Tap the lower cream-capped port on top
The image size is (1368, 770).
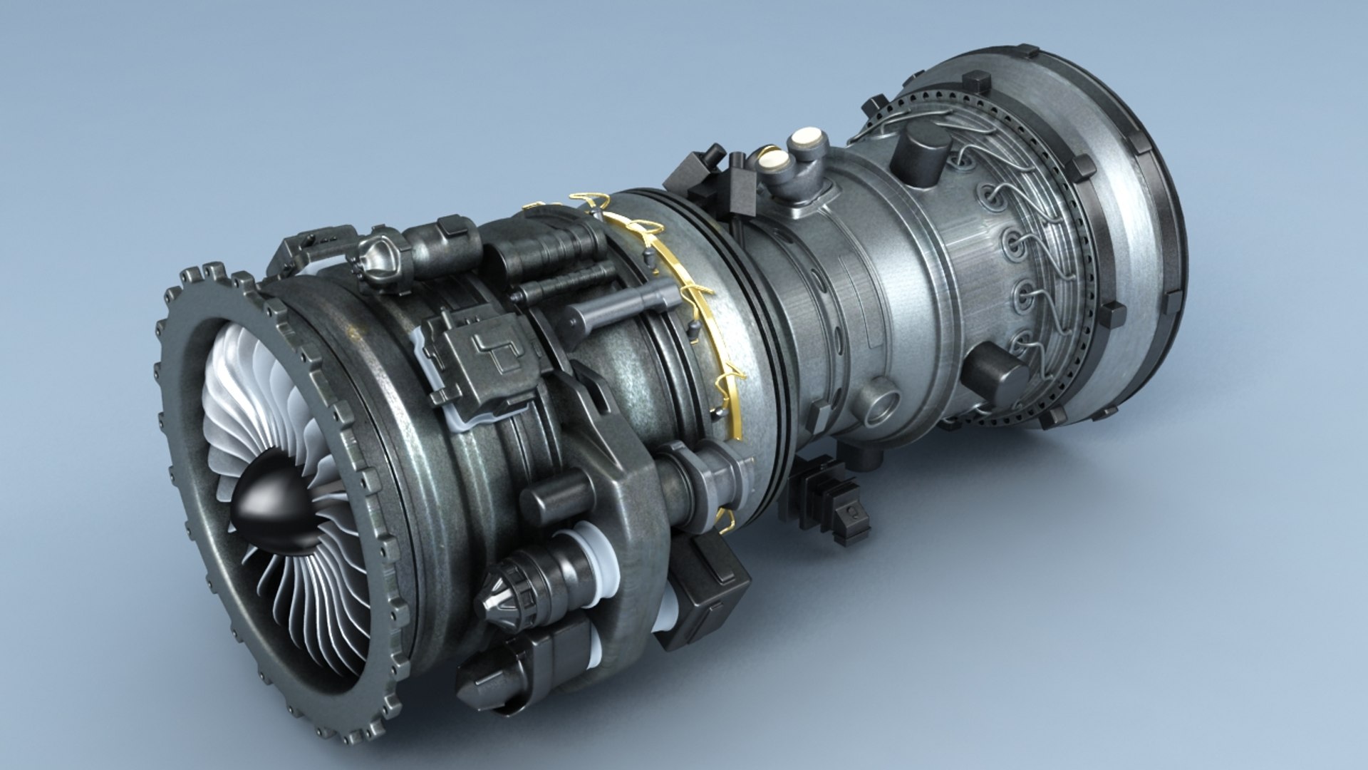pyautogui.click(x=772, y=163)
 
